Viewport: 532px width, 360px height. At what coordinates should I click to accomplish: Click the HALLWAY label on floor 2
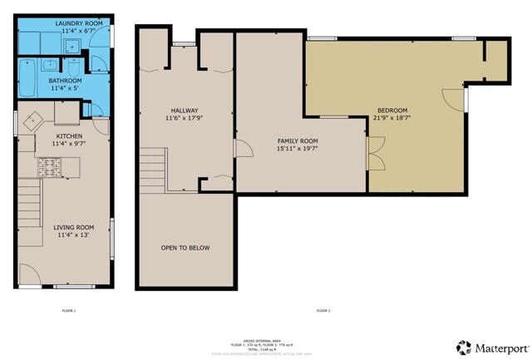pyautogui.click(x=185, y=111)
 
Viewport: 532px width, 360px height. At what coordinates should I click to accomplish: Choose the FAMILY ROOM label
pyautogui.click(x=297, y=141)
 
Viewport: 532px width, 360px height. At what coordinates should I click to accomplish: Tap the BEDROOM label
pyautogui.click(x=392, y=111)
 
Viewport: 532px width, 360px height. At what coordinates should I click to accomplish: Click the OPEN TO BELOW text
pyautogui.click(x=185, y=248)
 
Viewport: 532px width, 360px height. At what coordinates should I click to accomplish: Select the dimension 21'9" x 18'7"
pyautogui.click(x=392, y=119)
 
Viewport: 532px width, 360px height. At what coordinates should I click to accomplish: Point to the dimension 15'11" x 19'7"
pyautogui.click(x=297, y=150)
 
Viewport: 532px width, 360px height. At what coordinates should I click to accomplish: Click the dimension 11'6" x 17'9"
pyautogui.click(x=185, y=119)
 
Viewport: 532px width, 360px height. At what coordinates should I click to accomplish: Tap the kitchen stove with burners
pyautogui.click(x=48, y=169)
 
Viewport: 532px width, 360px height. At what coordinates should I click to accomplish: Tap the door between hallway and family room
pyautogui.click(x=243, y=150)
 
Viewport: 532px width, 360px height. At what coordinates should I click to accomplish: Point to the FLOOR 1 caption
pyautogui.click(x=69, y=310)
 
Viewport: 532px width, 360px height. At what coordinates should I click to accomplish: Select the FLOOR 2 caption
pyautogui.click(x=323, y=310)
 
